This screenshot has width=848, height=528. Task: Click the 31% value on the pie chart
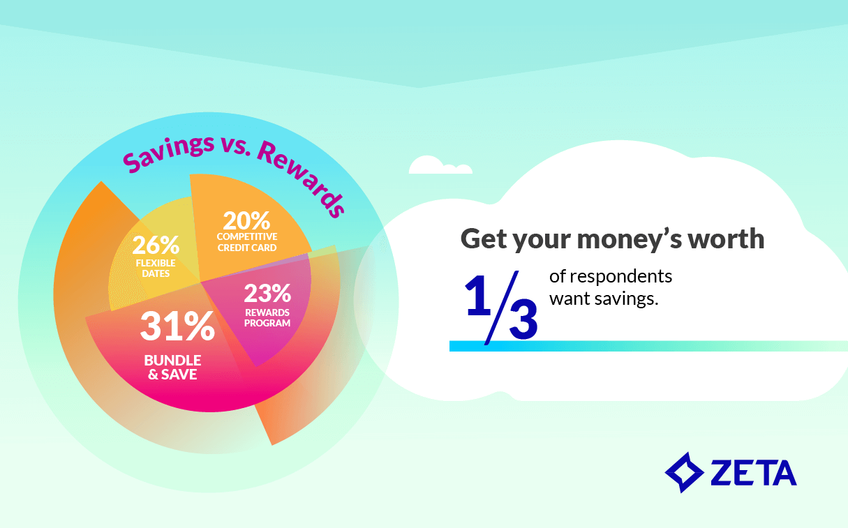177,326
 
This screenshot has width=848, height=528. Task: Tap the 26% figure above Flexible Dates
156,246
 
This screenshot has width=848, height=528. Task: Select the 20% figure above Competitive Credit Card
246,221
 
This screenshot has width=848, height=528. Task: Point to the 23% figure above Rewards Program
267,292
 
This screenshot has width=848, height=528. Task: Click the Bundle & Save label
172,368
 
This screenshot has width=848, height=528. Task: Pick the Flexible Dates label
155,269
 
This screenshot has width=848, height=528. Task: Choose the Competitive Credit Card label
247,242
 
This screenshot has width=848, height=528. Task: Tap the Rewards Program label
268,317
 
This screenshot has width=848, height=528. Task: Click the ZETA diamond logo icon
684,472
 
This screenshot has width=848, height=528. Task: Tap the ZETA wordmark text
754,473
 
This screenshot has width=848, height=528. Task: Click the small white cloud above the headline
439,166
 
